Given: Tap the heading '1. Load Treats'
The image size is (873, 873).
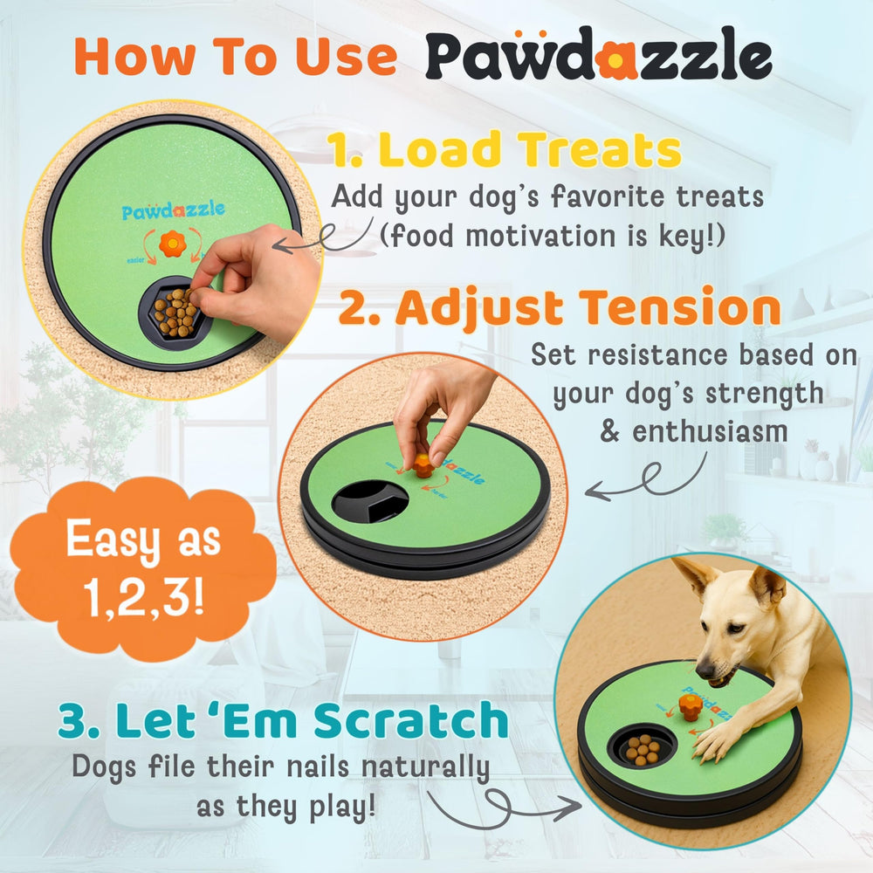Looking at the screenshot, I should [x=505, y=151].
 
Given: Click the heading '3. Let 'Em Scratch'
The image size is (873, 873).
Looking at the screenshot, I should [x=283, y=722].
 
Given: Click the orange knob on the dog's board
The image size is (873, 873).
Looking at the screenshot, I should [x=690, y=705].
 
